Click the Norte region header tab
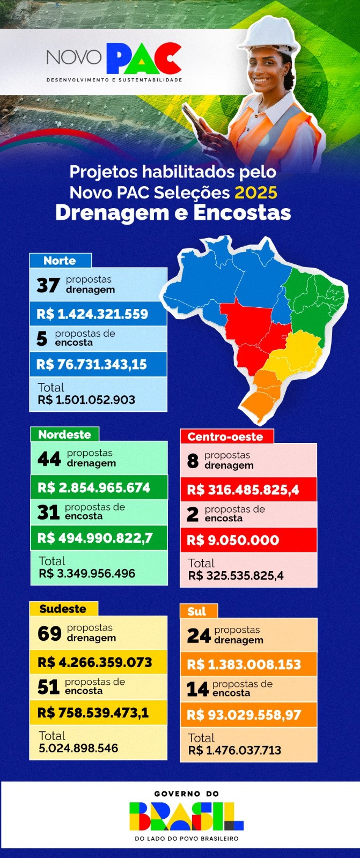(60, 261)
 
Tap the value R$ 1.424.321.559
(92, 314)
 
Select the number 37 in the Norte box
(48, 285)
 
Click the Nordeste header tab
(64, 434)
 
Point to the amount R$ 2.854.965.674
(94, 488)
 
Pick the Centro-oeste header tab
(225, 437)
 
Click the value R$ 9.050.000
(233, 541)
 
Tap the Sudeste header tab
(63, 609)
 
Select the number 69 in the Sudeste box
(49, 633)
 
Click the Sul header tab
(197, 611)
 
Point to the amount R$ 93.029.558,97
(244, 715)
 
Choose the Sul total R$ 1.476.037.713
(234, 750)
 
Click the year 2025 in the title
(256, 193)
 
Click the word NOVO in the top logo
(74, 57)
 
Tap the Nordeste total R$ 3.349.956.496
(87, 573)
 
